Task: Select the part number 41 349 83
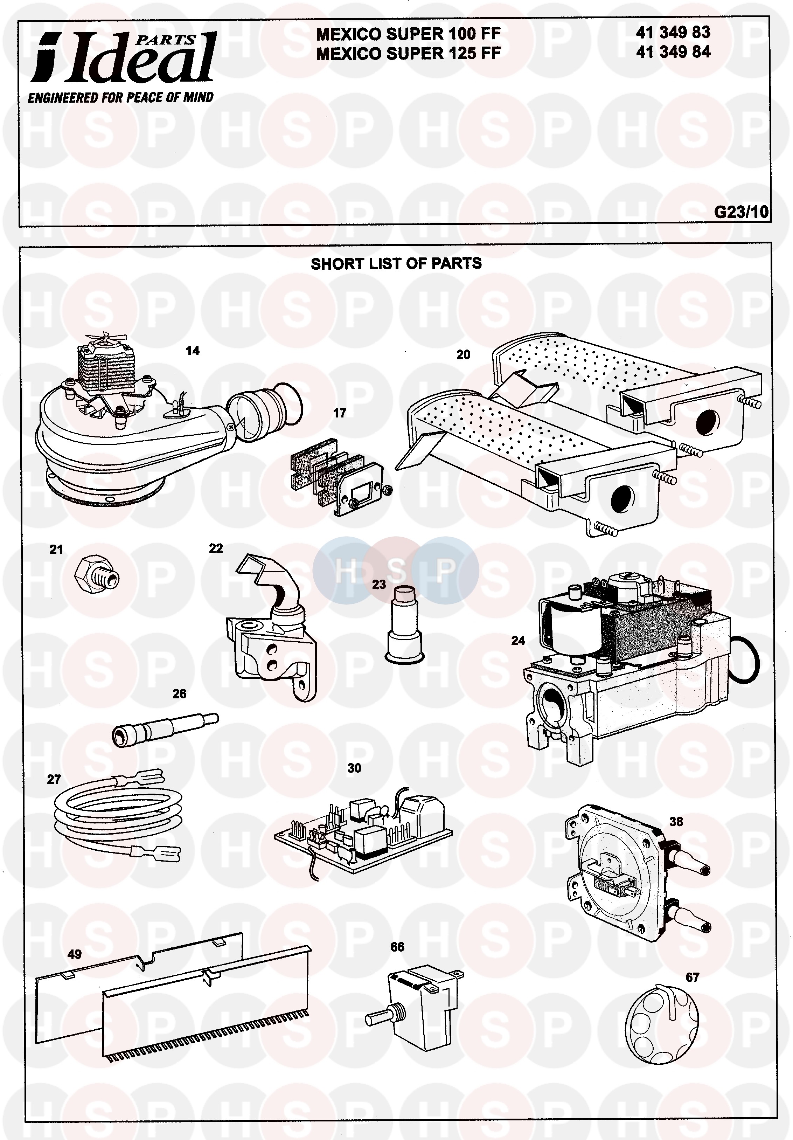tap(673, 33)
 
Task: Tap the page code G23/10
tap(741, 212)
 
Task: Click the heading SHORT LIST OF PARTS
tap(396, 264)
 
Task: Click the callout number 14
tap(193, 351)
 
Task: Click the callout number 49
tap(75, 954)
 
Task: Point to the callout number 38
tap(676, 822)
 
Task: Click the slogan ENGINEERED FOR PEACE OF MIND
tap(120, 98)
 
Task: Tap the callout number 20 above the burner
tap(463, 354)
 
